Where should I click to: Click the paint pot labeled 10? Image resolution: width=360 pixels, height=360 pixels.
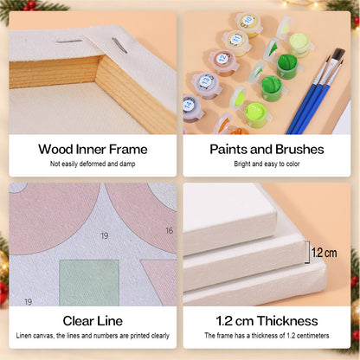(248, 24)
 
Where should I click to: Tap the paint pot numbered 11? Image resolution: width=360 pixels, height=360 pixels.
(237, 42)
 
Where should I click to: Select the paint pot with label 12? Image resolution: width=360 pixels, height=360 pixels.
(223, 62)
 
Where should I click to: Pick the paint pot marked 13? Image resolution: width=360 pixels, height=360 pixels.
(207, 85)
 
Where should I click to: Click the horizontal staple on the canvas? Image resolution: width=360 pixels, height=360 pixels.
(69, 42)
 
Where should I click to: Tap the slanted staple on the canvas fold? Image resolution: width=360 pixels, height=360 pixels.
(119, 45)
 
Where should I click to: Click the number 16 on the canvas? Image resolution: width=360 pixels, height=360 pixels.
(170, 230)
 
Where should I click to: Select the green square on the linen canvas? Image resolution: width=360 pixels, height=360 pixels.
(89, 283)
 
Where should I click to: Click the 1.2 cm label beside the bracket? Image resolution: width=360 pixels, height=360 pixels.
(324, 253)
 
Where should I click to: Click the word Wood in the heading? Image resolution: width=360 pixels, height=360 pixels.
(55, 149)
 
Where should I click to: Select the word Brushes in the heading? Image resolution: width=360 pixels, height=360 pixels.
(299, 149)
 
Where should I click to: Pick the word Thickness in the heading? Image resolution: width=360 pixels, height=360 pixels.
(287, 321)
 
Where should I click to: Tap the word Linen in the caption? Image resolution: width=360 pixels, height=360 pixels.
(23, 336)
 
